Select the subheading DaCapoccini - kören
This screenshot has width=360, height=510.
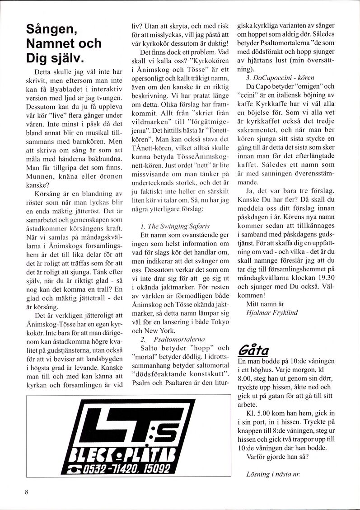tap(280, 78)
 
